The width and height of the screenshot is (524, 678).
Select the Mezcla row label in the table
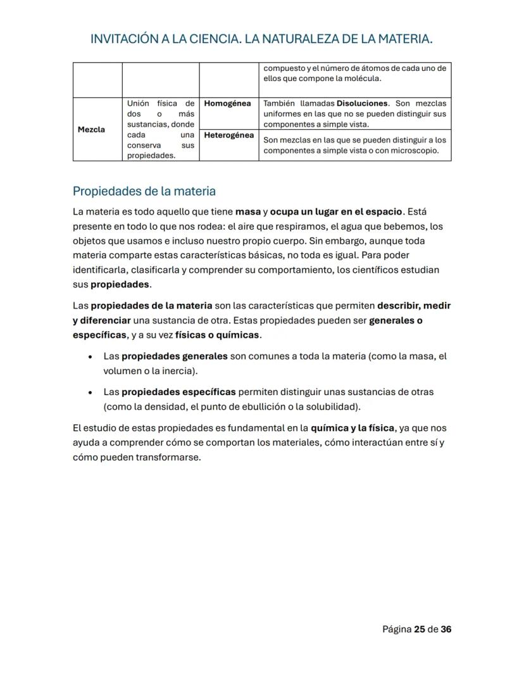pyautogui.click(x=91, y=130)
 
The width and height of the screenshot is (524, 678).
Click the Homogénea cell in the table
pyautogui.click(x=228, y=103)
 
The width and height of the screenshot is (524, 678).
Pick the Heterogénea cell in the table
pyautogui.click(x=229, y=135)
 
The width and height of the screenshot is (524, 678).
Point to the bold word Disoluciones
pyautogui.click(x=361, y=103)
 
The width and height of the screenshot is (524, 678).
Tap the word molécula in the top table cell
pyautogui.click(x=363, y=78)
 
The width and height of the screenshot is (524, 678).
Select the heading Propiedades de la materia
pyautogui.click(x=144, y=191)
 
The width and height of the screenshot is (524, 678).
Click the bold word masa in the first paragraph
pyautogui.click(x=248, y=211)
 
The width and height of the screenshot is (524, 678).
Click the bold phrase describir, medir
pyautogui.click(x=414, y=306)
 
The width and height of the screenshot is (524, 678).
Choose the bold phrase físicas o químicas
pyautogui.click(x=217, y=335)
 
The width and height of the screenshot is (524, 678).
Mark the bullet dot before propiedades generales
pyautogui.click(x=92, y=357)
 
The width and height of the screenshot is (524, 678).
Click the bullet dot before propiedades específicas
pyautogui.click(x=92, y=392)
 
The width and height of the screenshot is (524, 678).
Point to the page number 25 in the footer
pyautogui.click(x=420, y=630)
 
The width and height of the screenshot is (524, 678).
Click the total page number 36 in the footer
pyautogui.click(x=446, y=630)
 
